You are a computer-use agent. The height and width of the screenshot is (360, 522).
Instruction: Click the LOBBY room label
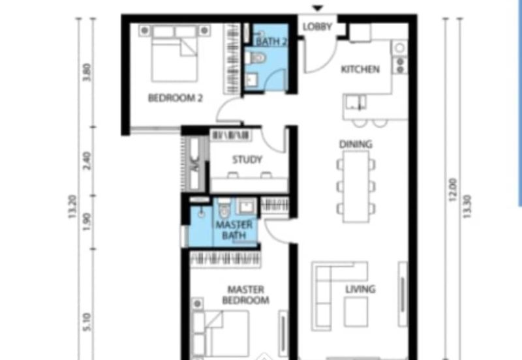click(318, 27)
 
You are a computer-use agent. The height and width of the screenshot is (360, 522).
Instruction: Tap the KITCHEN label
click(360, 68)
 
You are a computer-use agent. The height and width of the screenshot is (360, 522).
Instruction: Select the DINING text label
click(356, 143)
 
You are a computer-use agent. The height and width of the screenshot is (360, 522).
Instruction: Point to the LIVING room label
click(360, 289)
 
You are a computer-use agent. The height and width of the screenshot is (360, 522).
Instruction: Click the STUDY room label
click(247, 159)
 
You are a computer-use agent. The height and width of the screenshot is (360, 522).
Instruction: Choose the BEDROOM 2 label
click(176, 98)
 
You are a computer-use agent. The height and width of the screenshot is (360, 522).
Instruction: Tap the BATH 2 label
click(271, 42)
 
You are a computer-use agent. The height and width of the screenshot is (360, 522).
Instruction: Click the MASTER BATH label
click(234, 230)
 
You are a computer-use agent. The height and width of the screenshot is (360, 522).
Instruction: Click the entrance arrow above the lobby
click(318, 8)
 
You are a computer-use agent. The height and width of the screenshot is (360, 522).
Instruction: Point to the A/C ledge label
click(194, 166)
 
